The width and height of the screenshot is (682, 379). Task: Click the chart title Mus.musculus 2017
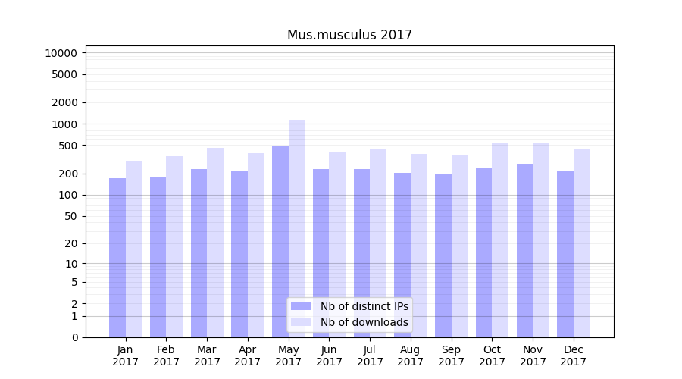tap(349, 35)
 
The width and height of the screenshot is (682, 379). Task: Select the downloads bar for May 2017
tap(296, 227)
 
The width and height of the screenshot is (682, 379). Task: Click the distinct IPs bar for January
tap(117, 258)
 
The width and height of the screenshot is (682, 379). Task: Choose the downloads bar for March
tap(215, 243)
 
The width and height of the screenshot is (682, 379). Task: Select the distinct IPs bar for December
tap(565, 254)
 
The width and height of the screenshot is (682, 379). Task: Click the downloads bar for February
tap(174, 246)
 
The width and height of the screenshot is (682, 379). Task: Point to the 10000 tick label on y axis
tap(61, 53)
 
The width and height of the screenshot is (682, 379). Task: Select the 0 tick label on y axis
tap(74, 337)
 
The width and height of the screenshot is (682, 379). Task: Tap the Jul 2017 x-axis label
tap(370, 356)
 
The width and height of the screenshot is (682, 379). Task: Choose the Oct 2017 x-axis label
tap(492, 356)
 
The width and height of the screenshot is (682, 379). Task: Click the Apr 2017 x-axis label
tap(248, 356)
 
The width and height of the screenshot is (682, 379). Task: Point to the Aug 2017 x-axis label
tap(411, 356)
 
